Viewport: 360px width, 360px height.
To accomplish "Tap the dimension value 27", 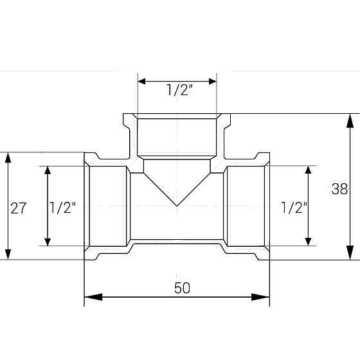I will coord(19,208).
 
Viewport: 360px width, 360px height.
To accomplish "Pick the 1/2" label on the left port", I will coord(63,208).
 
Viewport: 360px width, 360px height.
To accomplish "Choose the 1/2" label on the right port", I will coord(294,207).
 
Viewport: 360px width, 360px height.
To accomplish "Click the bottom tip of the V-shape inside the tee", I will coord(177,205).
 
